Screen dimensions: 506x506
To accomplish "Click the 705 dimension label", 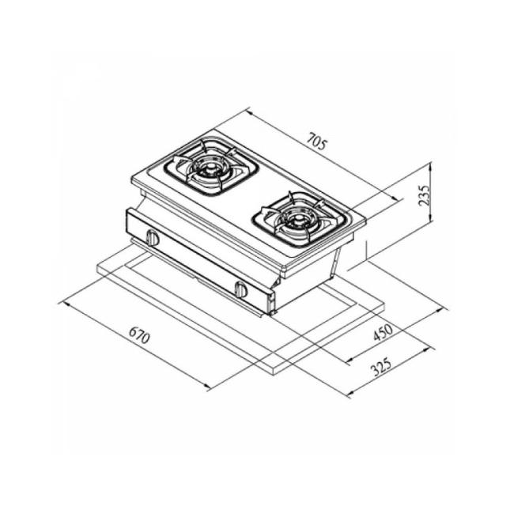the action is [316, 142].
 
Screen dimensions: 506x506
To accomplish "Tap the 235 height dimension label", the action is [424, 195].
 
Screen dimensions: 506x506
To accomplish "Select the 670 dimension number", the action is [139, 335].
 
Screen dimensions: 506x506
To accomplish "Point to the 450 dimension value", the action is [383, 332].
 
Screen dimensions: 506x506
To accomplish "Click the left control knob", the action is [153, 238].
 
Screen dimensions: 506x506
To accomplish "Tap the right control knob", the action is [241, 289].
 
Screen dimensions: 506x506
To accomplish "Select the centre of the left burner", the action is [210, 168].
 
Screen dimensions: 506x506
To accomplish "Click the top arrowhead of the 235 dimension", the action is [430, 166].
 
